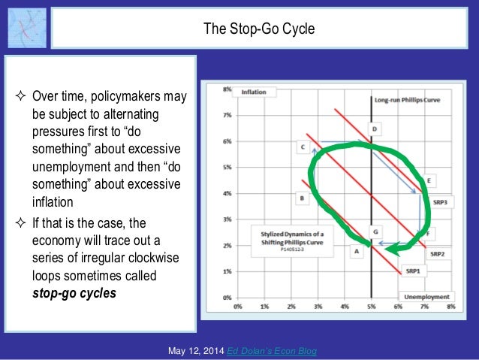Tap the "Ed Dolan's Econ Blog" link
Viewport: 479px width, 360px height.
point(275,351)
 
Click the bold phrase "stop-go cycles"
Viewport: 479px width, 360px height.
point(74,293)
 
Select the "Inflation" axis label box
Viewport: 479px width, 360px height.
point(254,92)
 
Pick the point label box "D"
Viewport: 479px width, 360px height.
point(375,129)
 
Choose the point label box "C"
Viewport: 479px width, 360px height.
point(303,147)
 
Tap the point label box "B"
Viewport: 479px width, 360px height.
point(301,198)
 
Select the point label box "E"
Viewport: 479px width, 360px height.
point(428,181)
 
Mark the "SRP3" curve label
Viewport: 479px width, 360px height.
point(439,202)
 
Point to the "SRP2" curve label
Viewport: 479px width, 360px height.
point(438,253)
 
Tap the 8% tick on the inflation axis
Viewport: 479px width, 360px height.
point(227,89)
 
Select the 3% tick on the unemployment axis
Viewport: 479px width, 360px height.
point(318,307)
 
